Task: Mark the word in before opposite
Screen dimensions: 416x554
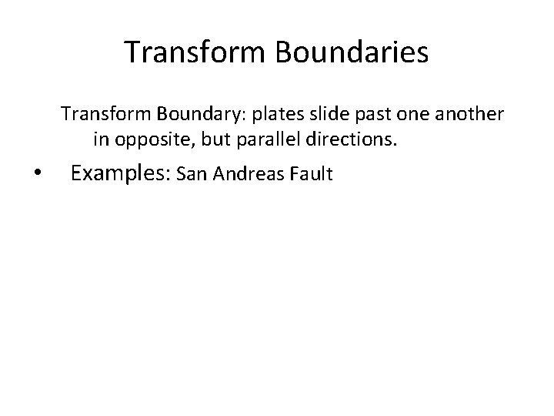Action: (x=100, y=140)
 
